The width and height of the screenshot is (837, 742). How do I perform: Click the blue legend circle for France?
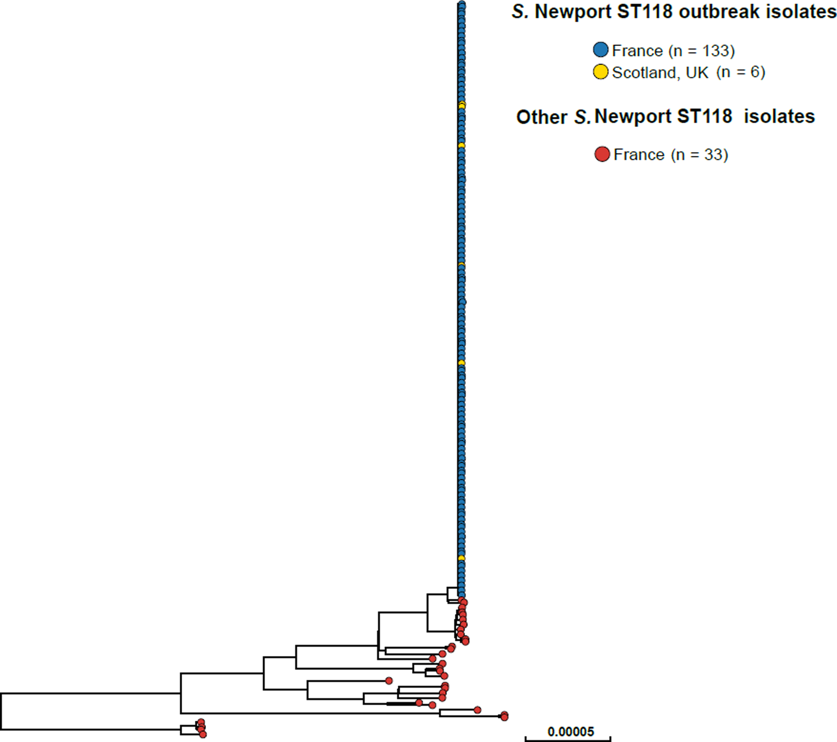point(600,50)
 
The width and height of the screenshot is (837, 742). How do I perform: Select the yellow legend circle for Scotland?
point(600,72)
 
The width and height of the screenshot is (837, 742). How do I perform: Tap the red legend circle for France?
point(602,154)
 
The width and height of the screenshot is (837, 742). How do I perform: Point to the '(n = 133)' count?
point(701,51)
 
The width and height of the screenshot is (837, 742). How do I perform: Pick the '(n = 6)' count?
point(740,72)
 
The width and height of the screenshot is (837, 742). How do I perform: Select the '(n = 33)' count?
point(699,154)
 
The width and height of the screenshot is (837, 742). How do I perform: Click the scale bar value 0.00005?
point(570,731)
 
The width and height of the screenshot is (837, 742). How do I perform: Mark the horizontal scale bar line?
point(568,739)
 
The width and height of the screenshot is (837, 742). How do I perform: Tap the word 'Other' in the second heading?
point(541,117)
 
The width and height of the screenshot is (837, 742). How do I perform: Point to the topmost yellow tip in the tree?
point(462,105)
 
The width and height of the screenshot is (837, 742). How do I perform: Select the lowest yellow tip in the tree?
point(462,558)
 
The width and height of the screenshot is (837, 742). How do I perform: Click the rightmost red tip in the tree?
point(504,716)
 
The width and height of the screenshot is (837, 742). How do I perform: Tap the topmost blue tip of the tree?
point(462,5)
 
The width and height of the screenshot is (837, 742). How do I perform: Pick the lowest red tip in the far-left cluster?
point(203,734)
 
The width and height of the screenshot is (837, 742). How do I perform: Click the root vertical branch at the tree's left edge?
point(2,711)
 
